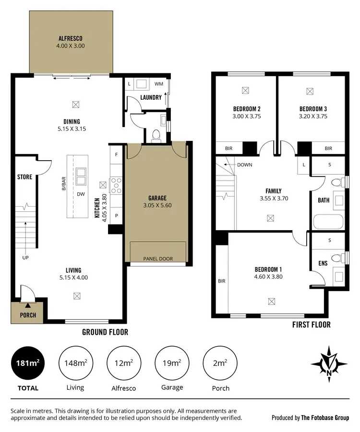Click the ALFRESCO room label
[x=72, y=38]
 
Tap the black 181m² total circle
[x=28, y=363]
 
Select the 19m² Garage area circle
[x=172, y=363]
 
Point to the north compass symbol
[x=329, y=364]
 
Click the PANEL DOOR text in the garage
[x=157, y=258]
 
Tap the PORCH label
[x=27, y=315]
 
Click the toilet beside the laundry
[x=156, y=136]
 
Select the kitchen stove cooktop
[x=117, y=185]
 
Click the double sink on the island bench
[x=80, y=176]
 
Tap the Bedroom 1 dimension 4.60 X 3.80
[x=268, y=277]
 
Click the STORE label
[x=24, y=177]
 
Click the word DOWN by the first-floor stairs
[x=244, y=164]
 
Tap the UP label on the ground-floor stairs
[x=25, y=258]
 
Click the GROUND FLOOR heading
[x=105, y=332]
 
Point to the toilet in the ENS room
[x=338, y=258]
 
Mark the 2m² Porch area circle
[x=220, y=363]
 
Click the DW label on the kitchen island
[x=80, y=194]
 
